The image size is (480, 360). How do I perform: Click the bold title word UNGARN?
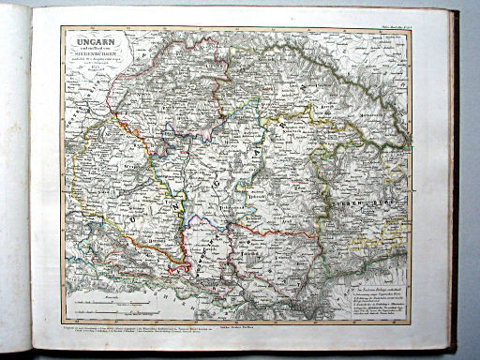click(x=92, y=39)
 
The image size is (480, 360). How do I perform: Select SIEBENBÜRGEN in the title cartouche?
click(x=92, y=54)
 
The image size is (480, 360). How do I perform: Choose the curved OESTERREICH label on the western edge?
click(x=69, y=150)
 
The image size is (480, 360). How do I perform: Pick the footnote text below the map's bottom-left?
click(x=131, y=330)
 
